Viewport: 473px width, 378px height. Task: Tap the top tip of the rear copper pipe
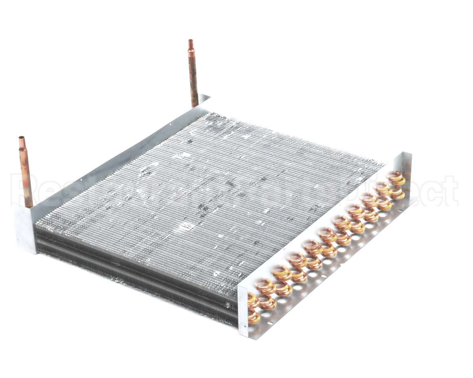191,41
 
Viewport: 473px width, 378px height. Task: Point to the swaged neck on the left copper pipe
22,149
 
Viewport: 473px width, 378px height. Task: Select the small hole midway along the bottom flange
324,276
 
